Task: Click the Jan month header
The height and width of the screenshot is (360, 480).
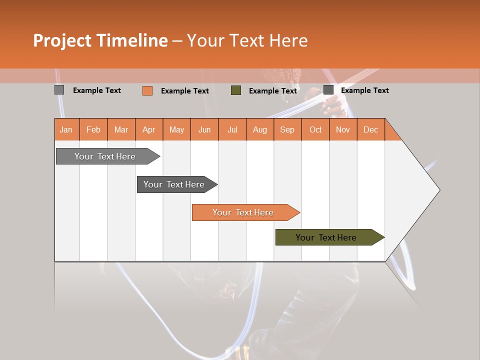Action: click(66, 129)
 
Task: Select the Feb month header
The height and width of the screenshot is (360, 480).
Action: click(93, 129)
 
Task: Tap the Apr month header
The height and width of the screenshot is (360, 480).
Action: click(149, 129)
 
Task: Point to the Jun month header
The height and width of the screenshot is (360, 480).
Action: click(204, 129)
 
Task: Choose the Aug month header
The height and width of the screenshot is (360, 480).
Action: click(260, 129)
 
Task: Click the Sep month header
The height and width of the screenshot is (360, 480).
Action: click(287, 129)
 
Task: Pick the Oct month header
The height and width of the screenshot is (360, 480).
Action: click(315, 129)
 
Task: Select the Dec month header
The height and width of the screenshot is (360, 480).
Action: click(371, 129)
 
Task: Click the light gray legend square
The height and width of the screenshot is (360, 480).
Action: click(59, 90)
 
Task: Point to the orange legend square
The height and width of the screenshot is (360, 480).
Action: click(147, 90)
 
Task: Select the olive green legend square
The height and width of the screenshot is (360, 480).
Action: click(236, 90)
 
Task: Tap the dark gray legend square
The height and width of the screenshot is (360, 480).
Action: click(328, 90)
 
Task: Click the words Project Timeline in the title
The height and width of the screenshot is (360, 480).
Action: click(100, 40)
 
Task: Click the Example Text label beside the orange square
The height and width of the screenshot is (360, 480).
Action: click(185, 91)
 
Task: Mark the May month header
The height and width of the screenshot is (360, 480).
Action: click(176, 129)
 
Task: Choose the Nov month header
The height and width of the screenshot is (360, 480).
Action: click(343, 129)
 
